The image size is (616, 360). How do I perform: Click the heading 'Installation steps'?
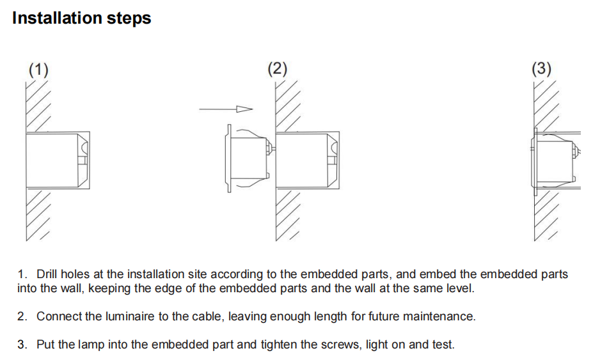click(x=82, y=18)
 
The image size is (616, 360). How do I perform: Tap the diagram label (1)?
click(x=39, y=69)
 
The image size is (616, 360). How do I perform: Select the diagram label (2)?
click(x=277, y=68)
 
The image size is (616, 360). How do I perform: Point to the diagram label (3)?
click(x=541, y=68)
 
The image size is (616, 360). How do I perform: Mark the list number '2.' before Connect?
click(x=22, y=317)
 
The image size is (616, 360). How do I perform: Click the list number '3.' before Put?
click(x=22, y=345)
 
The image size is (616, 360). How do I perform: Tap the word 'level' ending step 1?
click(x=459, y=288)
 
